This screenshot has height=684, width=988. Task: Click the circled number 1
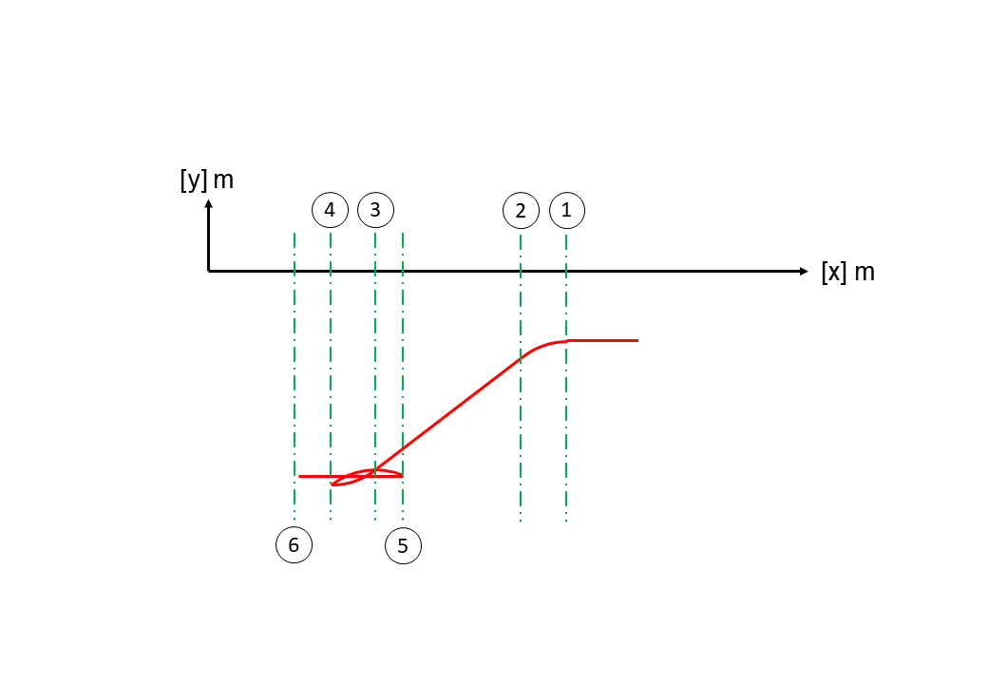pyautogui.click(x=567, y=210)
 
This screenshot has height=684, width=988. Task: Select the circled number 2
pyautogui.click(x=522, y=210)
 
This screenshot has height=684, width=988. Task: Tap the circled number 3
pyautogui.click(x=375, y=210)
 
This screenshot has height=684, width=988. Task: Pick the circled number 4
pyautogui.click(x=331, y=210)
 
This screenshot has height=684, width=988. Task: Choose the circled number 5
pyautogui.click(x=403, y=545)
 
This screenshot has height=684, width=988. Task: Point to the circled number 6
pyautogui.click(x=294, y=544)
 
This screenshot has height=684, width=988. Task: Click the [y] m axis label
pyautogui.click(x=207, y=180)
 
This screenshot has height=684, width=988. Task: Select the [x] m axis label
pyautogui.click(x=848, y=272)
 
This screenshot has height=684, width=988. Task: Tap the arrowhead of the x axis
pyautogui.click(x=804, y=272)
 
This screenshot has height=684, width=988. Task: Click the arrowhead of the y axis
pyautogui.click(x=209, y=203)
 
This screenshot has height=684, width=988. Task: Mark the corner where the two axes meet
pyautogui.click(x=209, y=272)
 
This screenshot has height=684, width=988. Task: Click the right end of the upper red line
pyautogui.click(x=637, y=341)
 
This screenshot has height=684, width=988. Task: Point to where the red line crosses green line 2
pyautogui.click(x=521, y=358)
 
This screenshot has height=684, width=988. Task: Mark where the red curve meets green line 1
pyautogui.click(x=566, y=341)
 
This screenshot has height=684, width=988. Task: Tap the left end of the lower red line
pyautogui.click(x=299, y=476)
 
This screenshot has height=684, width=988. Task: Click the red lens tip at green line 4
pyautogui.click(x=332, y=484)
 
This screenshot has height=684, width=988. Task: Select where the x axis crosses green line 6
pyautogui.click(x=294, y=272)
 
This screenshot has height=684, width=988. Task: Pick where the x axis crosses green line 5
pyautogui.click(x=403, y=272)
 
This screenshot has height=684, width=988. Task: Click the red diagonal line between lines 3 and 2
pyautogui.click(x=448, y=415)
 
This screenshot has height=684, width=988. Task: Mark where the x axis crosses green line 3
pyautogui.click(x=375, y=272)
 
